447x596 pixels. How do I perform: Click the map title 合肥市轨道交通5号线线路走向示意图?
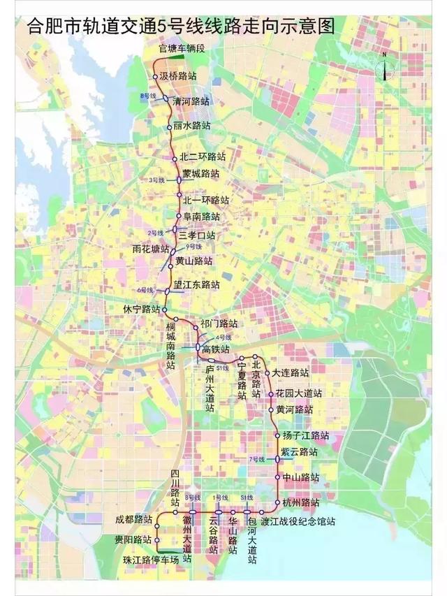(179, 27)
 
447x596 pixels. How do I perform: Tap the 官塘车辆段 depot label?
(182, 48)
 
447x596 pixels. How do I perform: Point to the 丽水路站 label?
(191, 126)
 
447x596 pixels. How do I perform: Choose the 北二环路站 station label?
(203, 157)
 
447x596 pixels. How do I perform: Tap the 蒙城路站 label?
(200, 173)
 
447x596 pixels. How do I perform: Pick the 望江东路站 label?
(197, 285)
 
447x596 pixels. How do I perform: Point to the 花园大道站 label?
(299, 394)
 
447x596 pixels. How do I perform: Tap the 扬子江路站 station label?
(306, 435)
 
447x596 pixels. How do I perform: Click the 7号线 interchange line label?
(258, 459)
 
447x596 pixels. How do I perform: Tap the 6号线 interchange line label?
(145, 289)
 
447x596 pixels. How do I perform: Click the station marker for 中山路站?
(278, 478)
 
